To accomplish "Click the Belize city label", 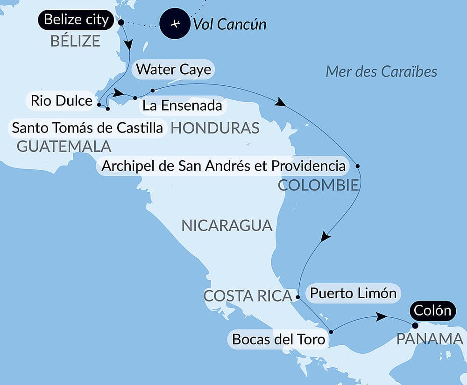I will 76,20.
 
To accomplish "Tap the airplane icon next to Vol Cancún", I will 175,24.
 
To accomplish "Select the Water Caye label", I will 173,70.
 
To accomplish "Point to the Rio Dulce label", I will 61,100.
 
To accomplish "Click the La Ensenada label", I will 182,105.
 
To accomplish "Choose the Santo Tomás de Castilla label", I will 88,127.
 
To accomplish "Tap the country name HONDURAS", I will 215,128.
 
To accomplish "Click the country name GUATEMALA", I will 64,146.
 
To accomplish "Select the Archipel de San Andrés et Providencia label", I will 223,166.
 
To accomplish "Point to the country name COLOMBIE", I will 318,185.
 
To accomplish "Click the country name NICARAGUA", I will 226,225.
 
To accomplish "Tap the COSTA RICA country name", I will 248,296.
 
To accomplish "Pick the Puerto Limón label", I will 353,293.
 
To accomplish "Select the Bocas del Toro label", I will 278,339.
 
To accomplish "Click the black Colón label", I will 431,310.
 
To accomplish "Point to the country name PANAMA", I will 430,339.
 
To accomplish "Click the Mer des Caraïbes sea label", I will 381,71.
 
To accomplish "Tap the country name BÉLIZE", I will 75,41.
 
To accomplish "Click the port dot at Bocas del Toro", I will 331,332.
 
